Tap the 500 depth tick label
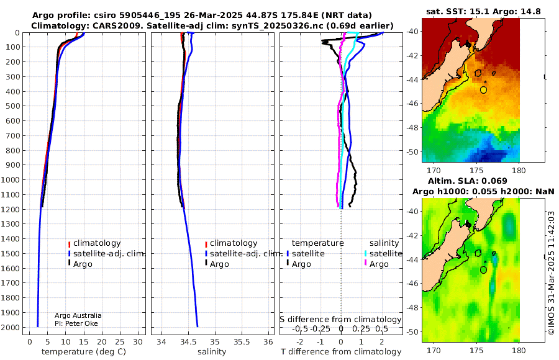[x=13, y=106]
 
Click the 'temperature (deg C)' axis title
[x=84, y=352]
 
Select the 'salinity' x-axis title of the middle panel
[x=212, y=352]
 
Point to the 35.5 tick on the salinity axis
[x=242, y=342]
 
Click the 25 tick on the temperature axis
[x=120, y=342]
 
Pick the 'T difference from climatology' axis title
[x=341, y=352]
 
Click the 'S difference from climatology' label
[x=341, y=320]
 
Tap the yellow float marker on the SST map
[x=483, y=90]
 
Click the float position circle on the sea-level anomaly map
[x=483, y=270]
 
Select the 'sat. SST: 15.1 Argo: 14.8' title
[x=483, y=11]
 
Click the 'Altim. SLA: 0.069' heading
[x=467, y=181]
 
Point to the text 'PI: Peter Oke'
[x=76, y=323]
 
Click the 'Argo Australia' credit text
[x=78, y=315]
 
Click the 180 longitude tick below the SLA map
[x=519, y=350]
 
